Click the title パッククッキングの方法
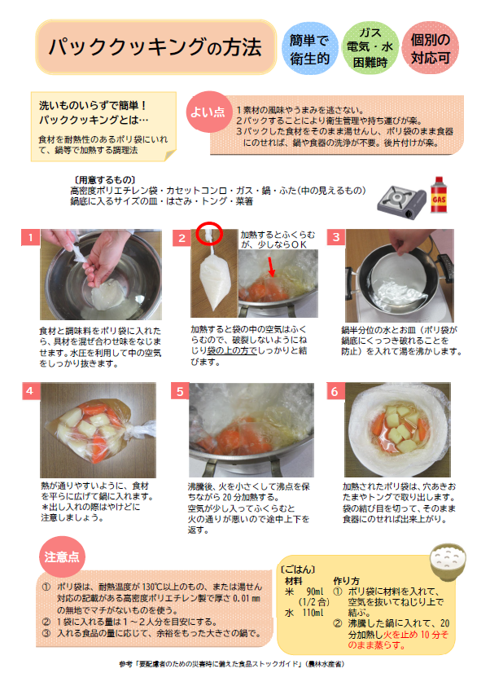coord(154,46)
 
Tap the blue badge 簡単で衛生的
coord(309,48)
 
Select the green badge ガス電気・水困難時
coord(370,48)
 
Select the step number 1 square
coord(29,238)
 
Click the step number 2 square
coord(182,238)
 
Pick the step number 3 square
coord(334,237)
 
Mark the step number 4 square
coord(29,390)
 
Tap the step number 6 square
coord(334,391)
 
